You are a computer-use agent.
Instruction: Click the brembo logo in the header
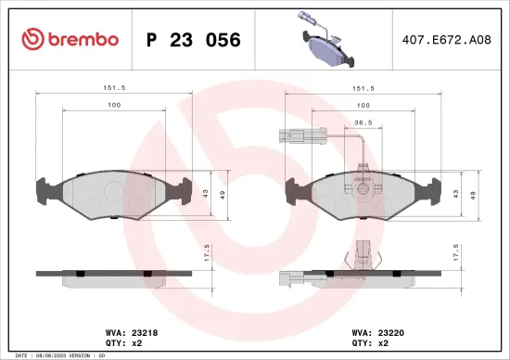pyautogui.click(x=70, y=39)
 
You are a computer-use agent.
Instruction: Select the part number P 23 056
pyautogui.click(x=194, y=40)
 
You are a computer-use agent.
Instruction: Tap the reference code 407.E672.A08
pyautogui.click(x=446, y=40)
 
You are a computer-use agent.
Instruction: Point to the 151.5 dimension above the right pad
pyautogui.click(x=363, y=90)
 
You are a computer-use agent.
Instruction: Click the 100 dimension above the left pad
pyautogui.click(x=114, y=106)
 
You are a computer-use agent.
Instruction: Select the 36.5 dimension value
pyautogui.click(x=364, y=121)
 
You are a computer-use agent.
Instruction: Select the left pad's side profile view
pyautogui.click(x=114, y=274)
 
